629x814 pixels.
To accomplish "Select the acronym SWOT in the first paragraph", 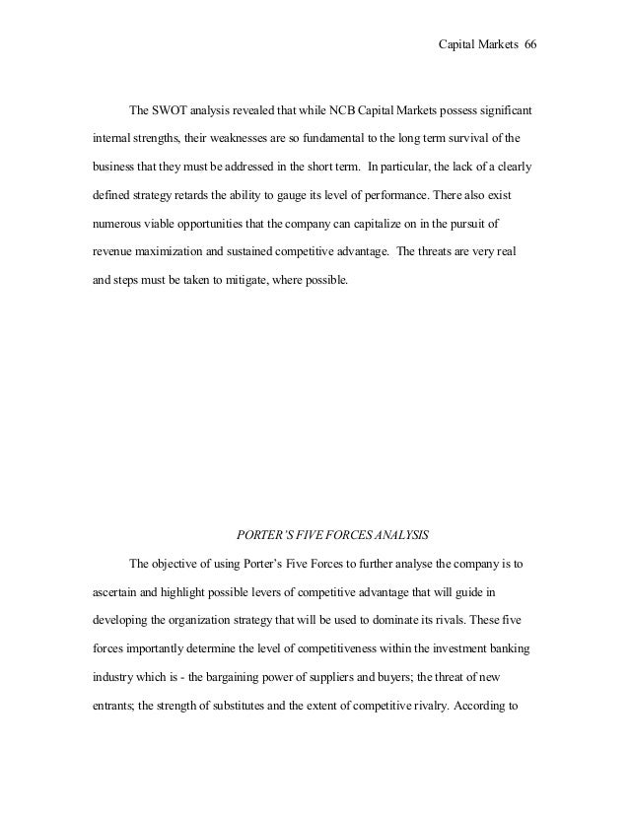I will tap(169, 107).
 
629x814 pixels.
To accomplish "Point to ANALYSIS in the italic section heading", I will tap(397, 536).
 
